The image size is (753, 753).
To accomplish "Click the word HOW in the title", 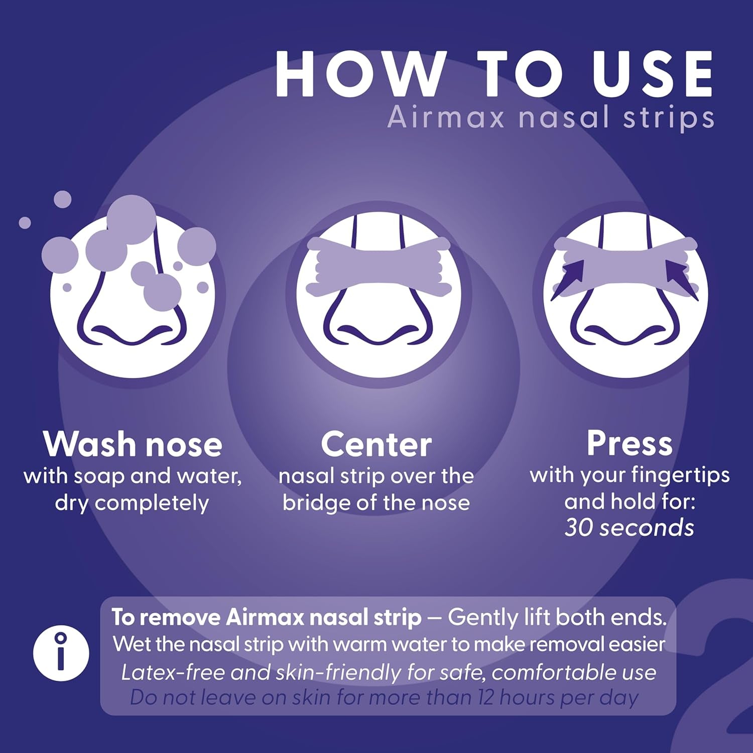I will pos(360,74).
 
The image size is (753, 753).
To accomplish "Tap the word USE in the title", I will pos(652,74).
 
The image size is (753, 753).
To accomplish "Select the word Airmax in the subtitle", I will pos(446,118).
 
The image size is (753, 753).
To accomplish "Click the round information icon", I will pos(61,653).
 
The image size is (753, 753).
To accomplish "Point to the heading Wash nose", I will pos(133,444).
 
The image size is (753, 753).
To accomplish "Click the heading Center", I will pos(376,444).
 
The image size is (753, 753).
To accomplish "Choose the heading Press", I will pos(630,443).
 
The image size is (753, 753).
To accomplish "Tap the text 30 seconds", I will pos(630,528).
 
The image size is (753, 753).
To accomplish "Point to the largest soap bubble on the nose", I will pos(132,220).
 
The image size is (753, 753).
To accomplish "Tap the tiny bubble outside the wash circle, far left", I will pos(25,222).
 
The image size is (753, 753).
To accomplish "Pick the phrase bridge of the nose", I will pos(376,503).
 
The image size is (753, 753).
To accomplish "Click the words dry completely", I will pos(132,503).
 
